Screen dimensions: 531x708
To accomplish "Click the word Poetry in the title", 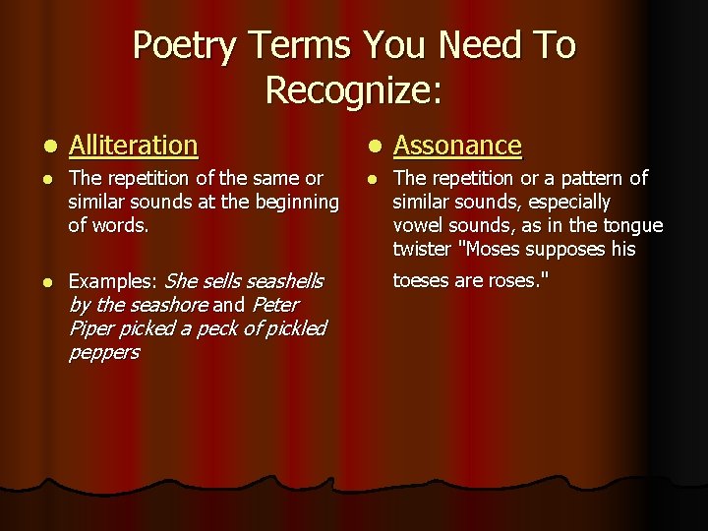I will point(186,46).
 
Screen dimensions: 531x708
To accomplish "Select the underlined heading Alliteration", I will point(134,146).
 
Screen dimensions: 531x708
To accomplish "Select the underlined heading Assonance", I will point(457,146).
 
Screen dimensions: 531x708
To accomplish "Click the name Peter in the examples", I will point(275,305).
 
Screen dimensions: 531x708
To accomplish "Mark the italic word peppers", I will point(103,352).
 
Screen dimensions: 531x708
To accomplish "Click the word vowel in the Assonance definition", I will point(419,225).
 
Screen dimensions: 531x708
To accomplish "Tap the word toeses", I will point(424,281).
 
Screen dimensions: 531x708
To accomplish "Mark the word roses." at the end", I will point(521,281).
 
